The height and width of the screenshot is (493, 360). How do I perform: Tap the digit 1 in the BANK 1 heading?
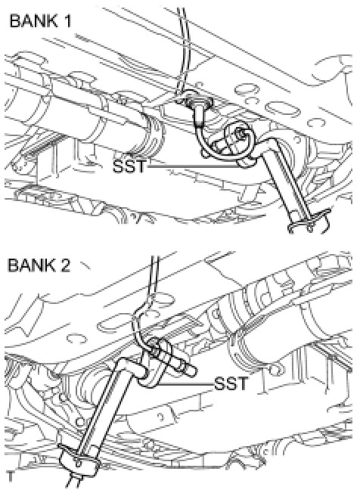(67, 21)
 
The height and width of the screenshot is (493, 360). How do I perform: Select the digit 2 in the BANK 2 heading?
(64, 265)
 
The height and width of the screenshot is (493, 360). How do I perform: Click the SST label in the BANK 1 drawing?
(130, 166)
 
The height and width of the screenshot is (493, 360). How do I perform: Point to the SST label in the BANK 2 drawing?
(231, 383)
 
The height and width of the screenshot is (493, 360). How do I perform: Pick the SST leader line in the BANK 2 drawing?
(185, 384)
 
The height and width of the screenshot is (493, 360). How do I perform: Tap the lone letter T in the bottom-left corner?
(11, 476)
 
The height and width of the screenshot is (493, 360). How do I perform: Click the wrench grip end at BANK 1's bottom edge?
(308, 222)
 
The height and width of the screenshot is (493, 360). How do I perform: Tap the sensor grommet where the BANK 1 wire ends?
(197, 101)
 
